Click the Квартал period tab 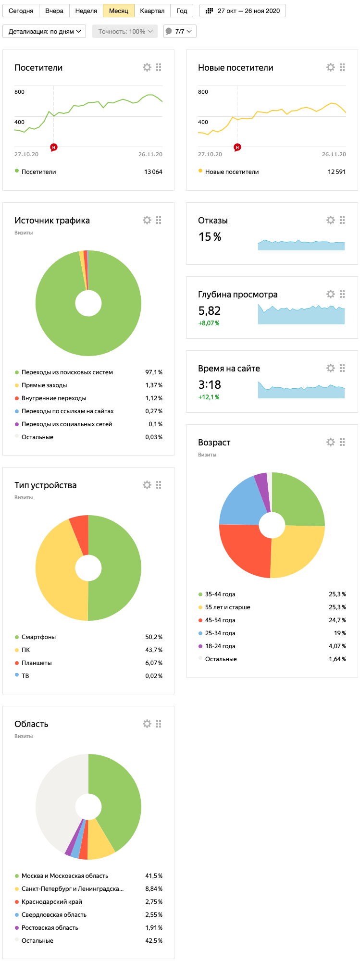click(152, 11)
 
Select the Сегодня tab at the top click(21, 11)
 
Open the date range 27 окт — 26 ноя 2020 click(243, 11)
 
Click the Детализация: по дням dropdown click(44, 31)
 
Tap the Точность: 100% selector click(125, 31)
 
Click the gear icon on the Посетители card click(147, 67)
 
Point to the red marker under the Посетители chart click(54, 147)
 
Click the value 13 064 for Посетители click(153, 172)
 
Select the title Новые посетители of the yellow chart click(236, 68)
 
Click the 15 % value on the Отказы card click(210, 237)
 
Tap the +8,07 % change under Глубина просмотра click(209, 323)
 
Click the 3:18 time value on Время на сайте click(210, 384)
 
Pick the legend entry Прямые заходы click(44, 385)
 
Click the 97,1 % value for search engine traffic click(154, 372)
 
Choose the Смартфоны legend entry click(38, 637)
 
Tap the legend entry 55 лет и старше click(228, 607)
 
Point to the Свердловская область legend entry click(54, 915)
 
